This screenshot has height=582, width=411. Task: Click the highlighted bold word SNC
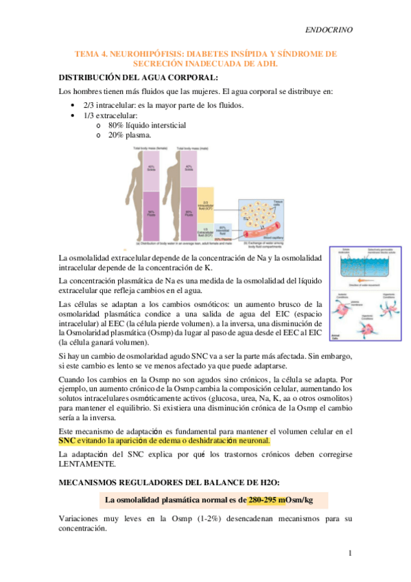(x=67, y=441)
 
